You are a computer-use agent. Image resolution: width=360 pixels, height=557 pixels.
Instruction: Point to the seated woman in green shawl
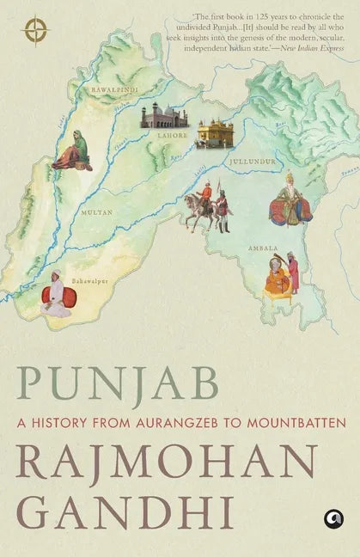[73, 150]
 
